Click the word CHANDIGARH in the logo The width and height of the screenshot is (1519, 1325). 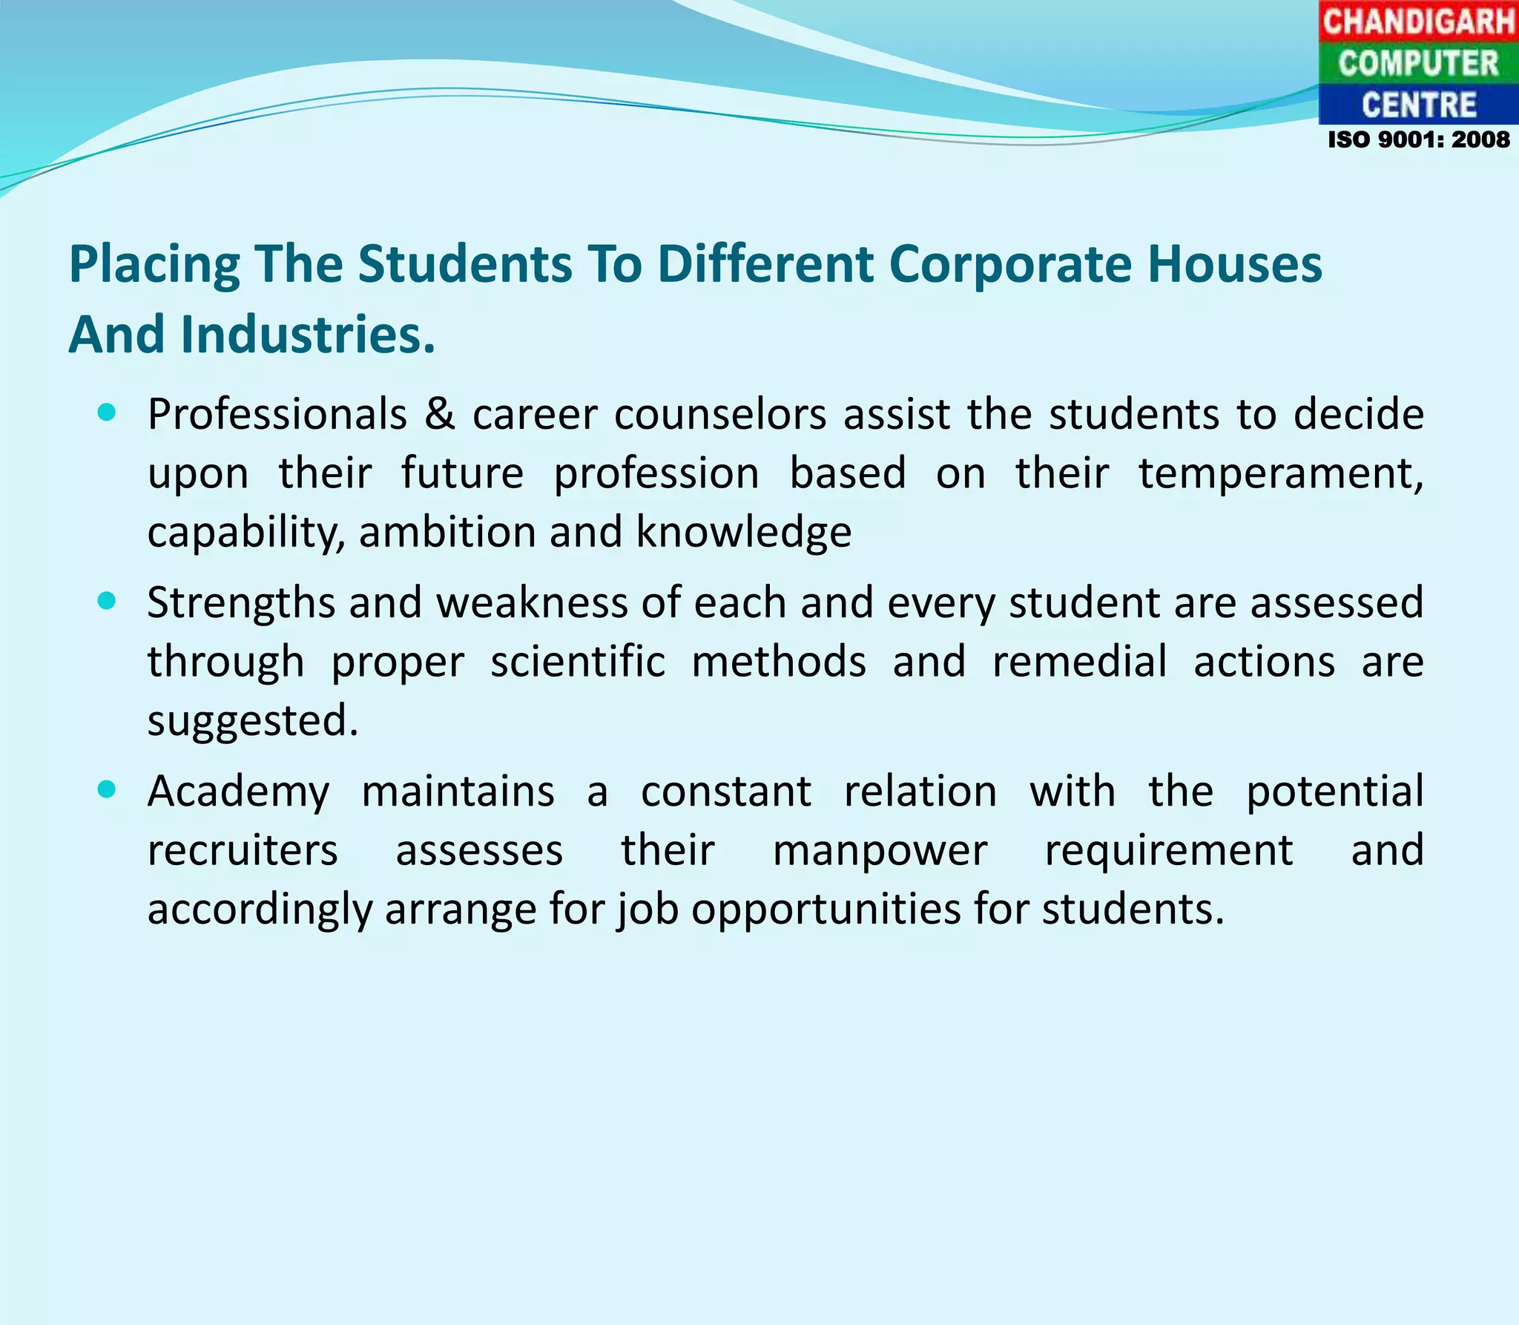point(1418,21)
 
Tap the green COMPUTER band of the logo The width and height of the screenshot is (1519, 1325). point(1418,63)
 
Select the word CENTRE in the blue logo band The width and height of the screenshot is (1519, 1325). point(1418,105)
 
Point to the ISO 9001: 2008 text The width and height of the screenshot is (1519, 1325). point(1418,139)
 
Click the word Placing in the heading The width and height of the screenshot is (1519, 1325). point(154,266)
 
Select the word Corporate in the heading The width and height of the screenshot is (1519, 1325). point(1010,264)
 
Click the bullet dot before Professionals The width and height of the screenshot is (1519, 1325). point(107,412)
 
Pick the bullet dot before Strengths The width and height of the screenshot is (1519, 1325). point(107,601)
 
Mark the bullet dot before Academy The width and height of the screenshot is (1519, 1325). point(107,789)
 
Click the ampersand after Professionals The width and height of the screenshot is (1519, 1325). point(440,414)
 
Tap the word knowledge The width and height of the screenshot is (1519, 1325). point(744,533)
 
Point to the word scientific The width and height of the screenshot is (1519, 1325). point(578,661)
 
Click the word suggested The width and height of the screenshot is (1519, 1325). point(252,721)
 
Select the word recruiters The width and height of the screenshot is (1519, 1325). point(243,850)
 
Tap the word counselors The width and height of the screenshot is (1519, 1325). point(720,414)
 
